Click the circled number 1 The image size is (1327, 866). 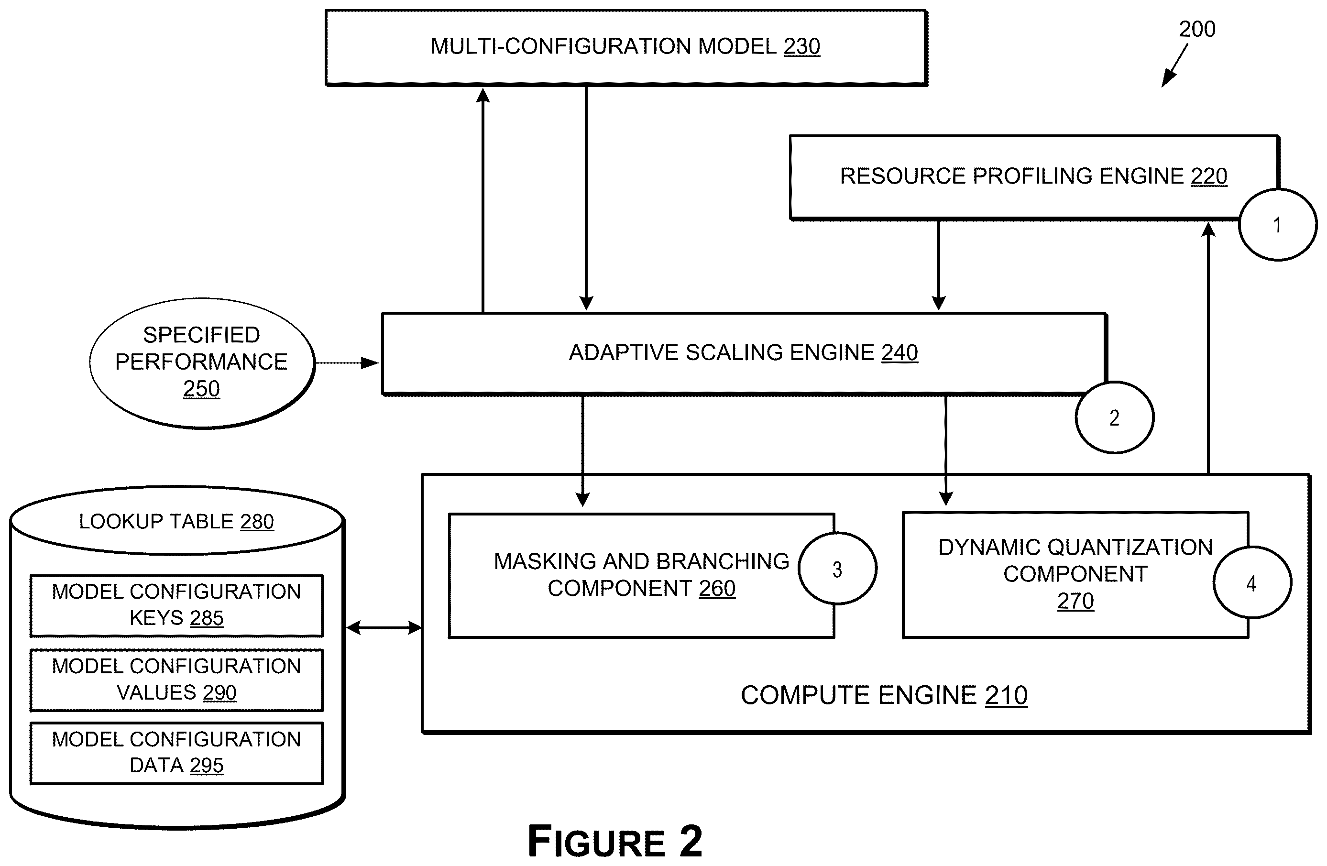pyautogui.click(x=1277, y=225)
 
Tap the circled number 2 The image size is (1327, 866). pyautogui.click(x=1114, y=417)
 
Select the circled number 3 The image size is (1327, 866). pyautogui.click(x=837, y=569)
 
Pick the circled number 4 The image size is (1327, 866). pyautogui.click(x=1252, y=583)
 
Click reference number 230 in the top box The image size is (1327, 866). pyautogui.click(x=802, y=46)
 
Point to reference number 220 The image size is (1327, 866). pyautogui.click(x=1209, y=176)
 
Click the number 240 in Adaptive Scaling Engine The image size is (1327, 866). pyautogui.click(x=899, y=352)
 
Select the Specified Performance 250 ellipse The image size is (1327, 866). pyautogui.click(x=202, y=363)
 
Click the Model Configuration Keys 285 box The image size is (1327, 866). pyautogui.click(x=176, y=605)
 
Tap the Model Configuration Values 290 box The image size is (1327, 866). pyautogui.click(x=176, y=680)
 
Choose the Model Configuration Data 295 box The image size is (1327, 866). pyautogui.click(x=176, y=753)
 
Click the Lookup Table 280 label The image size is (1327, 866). pyautogui.click(x=176, y=521)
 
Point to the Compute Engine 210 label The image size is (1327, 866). pyautogui.click(x=884, y=695)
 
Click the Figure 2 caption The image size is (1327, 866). pyautogui.click(x=614, y=841)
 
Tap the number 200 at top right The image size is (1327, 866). pyautogui.click(x=1197, y=29)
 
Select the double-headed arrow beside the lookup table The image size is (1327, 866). pyautogui.click(x=384, y=628)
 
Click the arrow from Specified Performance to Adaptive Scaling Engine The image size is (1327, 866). pyautogui.click(x=347, y=363)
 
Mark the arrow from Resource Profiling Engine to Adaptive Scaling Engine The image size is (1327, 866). pyautogui.click(x=938, y=265)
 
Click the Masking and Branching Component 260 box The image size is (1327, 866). pyautogui.click(x=641, y=575)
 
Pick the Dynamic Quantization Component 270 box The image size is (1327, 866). pyautogui.click(x=1075, y=575)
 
